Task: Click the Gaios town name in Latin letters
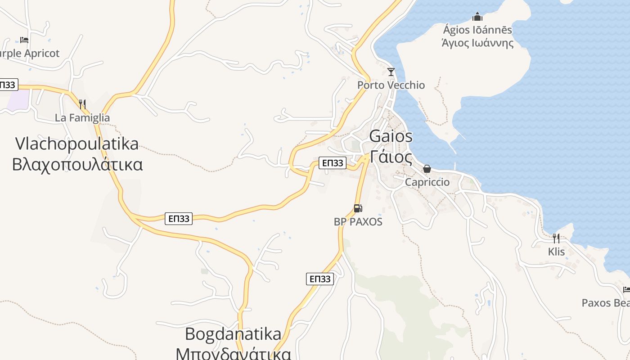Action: point(391,136)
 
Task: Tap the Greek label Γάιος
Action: point(391,157)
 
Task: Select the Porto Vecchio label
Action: point(391,85)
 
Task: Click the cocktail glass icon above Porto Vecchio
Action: point(391,72)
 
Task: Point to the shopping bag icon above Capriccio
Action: point(427,169)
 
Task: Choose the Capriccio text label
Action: point(427,182)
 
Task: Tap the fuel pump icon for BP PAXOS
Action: point(358,208)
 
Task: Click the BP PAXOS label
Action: point(358,221)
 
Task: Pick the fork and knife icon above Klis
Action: point(556,238)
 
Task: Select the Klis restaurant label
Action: point(556,252)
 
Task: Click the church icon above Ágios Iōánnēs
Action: point(477,17)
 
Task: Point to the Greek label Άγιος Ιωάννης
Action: point(477,43)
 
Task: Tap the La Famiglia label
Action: point(82,118)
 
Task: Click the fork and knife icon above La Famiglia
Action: point(82,104)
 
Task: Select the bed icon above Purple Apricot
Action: point(24,40)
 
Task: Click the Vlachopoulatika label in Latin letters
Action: point(77,144)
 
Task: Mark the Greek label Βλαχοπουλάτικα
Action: point(77,164)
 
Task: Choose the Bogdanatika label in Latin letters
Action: point(233,334)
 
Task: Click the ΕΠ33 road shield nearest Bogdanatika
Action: point(320,279)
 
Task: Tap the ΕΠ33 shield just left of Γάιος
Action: point(332,163)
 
